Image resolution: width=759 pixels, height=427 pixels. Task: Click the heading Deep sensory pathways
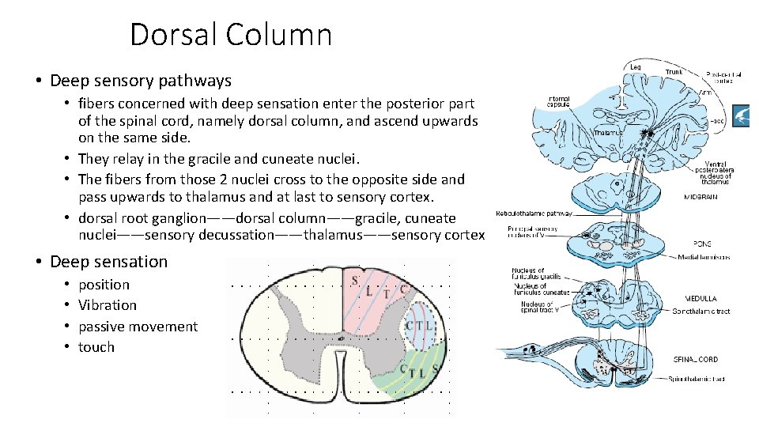pyautogui.click(x=140, y=80)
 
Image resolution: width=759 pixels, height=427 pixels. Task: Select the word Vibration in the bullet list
pyautogui.click(x=108, y=305)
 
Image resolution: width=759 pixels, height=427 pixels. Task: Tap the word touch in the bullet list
pyautogui.click(x=96, y=347)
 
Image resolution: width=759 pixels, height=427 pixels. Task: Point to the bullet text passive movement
pyautogui.click(x=138, y=327)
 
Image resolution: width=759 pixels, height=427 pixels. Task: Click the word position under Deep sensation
pyautogui.click(x=104, y=285)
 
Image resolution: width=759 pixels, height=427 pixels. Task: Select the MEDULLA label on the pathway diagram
pyautogui.click(x=701, y=299)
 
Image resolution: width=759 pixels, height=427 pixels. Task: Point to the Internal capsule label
pyautogui.click(x=559, y=103)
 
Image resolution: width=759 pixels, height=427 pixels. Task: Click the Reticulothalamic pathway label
pyautogui.click(x=534, y=213)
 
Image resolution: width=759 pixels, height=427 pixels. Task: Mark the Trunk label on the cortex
pyautogui.click(x=674, y=72)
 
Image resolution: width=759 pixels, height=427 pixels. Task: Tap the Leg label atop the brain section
pyautogui.click(x=635, y=66)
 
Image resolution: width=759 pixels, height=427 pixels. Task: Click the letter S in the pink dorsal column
pyautogui.click(x=354, y=280)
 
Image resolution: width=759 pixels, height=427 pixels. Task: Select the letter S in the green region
pyautogui.click(x=435, y=367)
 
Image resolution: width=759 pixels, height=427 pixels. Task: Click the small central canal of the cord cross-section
pyautogui.click(x=341, y=338)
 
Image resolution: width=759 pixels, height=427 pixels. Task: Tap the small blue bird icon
pyautogui.click(x=744, y=115)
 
